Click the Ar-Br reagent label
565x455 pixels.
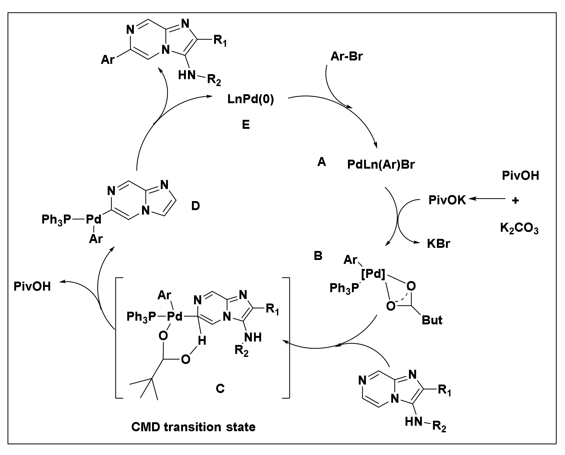click(347, 57)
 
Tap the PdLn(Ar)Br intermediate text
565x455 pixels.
click(381, 165)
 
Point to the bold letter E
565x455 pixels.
click(246, 125)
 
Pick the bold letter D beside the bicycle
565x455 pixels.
click(195, 206)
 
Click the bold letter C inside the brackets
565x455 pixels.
click(220, 388)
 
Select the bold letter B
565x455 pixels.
click(318, 256)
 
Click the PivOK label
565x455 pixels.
click(447, 200)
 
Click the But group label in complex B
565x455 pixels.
click(432, 320)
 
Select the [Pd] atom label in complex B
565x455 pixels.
click(373, 274)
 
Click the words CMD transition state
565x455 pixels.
click(193, 427)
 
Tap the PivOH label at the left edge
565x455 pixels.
click(32, 287)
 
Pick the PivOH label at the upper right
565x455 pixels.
click(520, 176)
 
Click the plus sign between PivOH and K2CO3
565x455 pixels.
click(515, 201)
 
